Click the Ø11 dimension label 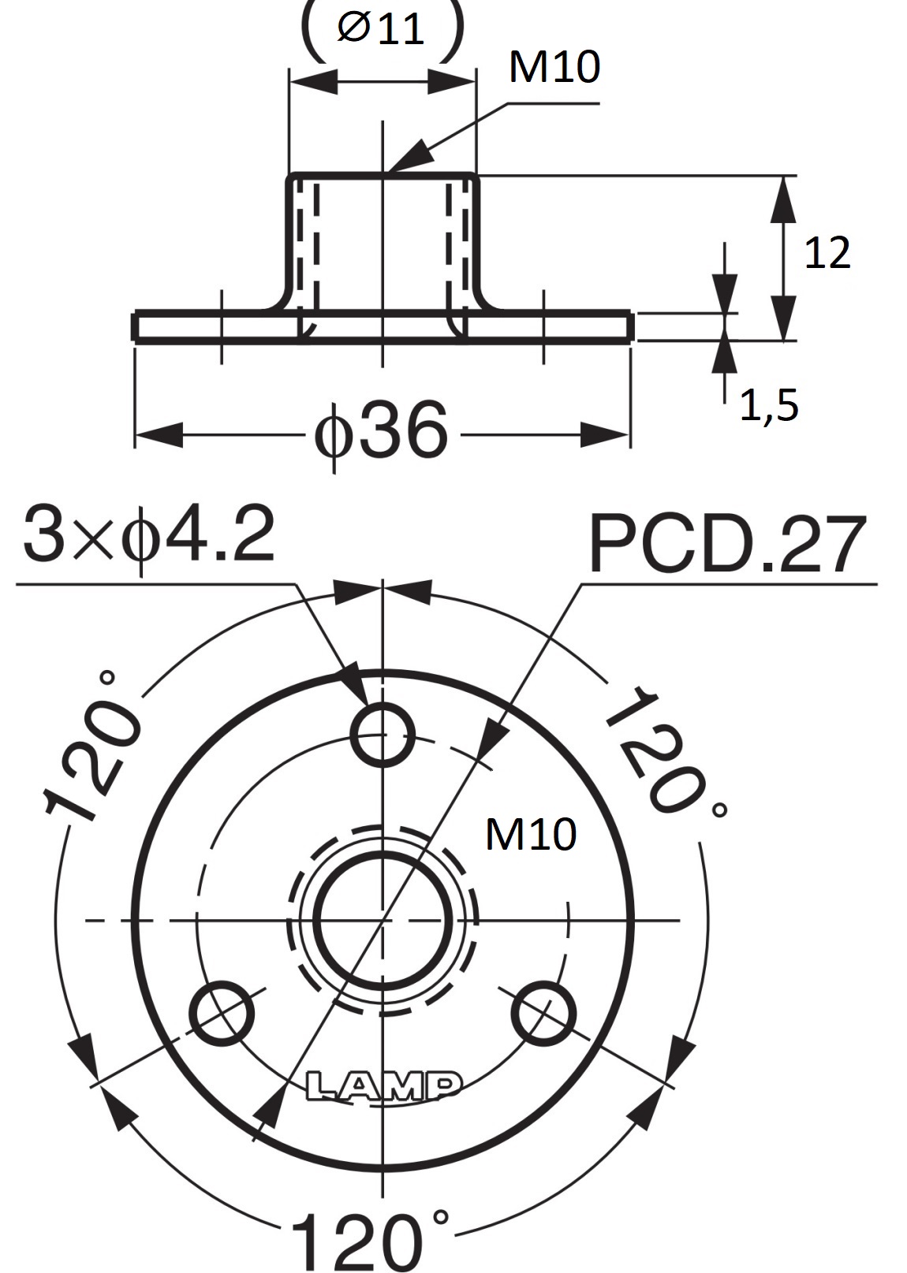click(380, 29)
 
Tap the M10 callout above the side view click(554, 66)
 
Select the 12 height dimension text click(827, 252)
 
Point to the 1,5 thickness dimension click(770, 406)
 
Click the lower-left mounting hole click(221, 1013)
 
